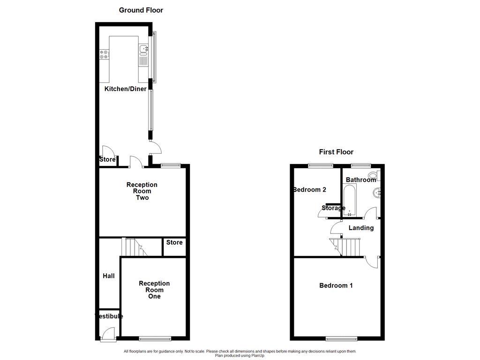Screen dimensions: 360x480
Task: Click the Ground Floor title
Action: click(x=141, y=10)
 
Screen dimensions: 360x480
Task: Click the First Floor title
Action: click(x=336, y=151)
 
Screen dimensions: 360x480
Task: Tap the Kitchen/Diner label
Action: click(x=125, y=89)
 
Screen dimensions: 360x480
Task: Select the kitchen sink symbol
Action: click(x=143, y=49)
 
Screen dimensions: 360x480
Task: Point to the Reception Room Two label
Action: click(x=142, y=191)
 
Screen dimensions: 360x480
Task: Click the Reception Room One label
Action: click(x=154, y=290)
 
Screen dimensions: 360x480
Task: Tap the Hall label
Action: click(x=109, y=276)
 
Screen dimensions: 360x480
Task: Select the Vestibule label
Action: click(x=109, y=316)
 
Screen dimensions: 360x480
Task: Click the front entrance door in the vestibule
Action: click(x=107, y=333)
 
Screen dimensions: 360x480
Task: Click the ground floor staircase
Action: click(x=134, y=247)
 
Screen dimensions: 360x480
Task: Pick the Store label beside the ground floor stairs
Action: click(x=174, y=242)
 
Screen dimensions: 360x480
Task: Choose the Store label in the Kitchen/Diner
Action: click(x=107, y=160)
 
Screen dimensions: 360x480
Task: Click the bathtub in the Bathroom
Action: click(x=349, y=200)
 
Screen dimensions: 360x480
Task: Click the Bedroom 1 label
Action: click(x=336, y=285)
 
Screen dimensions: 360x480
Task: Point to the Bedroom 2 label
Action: click(x=309, y=189)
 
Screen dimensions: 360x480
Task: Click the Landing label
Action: click(x=361, y=228)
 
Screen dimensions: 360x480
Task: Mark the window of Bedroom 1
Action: click(x=340, y=338)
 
